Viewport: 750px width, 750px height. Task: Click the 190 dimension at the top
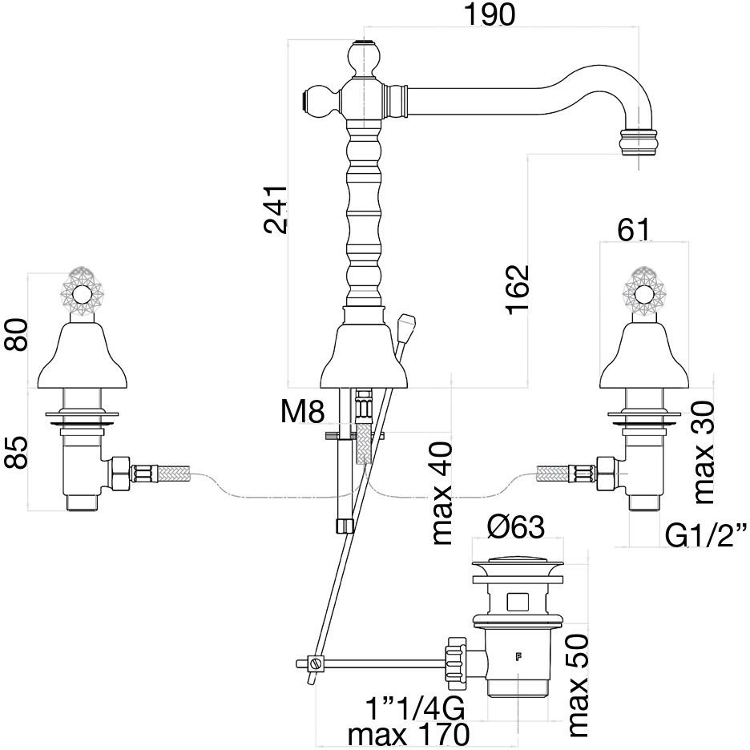click(x=490, y=14)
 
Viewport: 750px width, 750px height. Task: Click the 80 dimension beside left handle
click(x=17, y=336)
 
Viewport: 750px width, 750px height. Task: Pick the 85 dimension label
click(x=17, y=453)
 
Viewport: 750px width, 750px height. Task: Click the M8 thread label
click(x=303, y=413)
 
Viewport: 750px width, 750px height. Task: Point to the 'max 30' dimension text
click(x=704, y=452)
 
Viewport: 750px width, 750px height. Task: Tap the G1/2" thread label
click(x=706, y=535)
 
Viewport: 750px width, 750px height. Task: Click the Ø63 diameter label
click(x=517, y=528)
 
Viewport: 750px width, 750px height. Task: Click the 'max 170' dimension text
click(x=405, y=734)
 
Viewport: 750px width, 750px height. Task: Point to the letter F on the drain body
click(x=518, y=659)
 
